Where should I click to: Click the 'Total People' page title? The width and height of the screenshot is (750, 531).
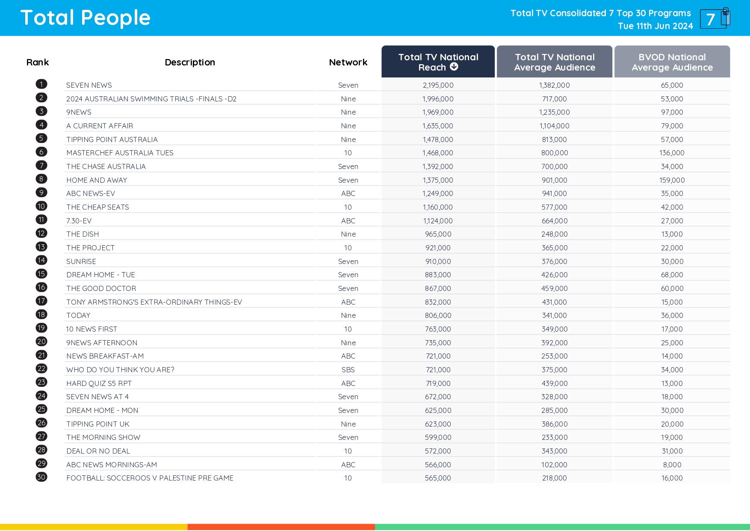(86, 18)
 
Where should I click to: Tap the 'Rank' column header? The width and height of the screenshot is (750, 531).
(38, 62)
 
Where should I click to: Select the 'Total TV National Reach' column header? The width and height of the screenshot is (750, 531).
(438, 62)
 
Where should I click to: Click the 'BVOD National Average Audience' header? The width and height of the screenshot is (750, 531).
(672, 62)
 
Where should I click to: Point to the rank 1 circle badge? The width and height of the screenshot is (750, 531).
(41, 84)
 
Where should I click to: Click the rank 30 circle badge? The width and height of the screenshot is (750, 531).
(41, 477)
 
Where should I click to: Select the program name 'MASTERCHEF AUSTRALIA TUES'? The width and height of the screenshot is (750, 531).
(120, 153)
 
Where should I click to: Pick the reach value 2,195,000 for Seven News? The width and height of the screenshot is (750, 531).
(438, 85)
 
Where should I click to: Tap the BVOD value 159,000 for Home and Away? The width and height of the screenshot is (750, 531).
(672, 180)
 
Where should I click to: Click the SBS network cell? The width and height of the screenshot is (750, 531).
(348, 370)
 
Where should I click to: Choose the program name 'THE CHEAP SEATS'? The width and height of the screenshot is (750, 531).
(97, 207)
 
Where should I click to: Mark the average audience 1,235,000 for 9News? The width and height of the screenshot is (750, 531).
(554, 112)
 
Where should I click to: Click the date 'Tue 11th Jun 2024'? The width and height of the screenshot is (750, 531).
(655, 26)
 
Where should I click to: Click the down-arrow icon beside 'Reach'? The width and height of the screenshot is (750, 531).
(454, 67)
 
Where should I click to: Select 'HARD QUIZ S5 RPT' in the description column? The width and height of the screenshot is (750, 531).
(99, 383)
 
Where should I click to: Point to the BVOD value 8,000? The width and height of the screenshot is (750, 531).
(672, 465)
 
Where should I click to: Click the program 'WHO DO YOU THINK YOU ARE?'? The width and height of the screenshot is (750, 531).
(120, 370)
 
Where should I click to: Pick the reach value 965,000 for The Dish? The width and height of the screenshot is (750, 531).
(438, 234)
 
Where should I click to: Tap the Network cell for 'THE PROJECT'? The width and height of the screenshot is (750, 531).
(348, 248)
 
